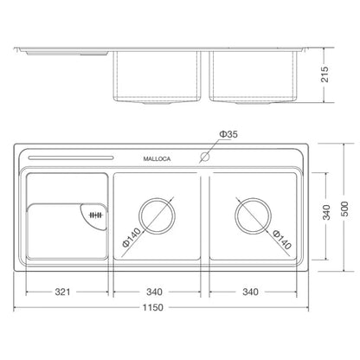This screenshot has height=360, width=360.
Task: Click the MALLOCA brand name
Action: (157, 158)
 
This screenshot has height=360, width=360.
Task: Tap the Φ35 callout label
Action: (228, 134)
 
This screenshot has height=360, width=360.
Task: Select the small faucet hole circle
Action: (205, 157)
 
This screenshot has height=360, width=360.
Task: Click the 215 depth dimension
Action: (325, 74)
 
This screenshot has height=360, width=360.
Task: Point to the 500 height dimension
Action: (344, 209)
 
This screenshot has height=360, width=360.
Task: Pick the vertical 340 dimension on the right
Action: (326, 212)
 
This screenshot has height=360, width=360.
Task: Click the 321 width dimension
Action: (62, 292)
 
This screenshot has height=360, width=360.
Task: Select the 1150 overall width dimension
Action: (153, 307)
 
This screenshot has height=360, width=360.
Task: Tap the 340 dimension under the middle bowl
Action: (154, 292)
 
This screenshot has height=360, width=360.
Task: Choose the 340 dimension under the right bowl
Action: (250, 292)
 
